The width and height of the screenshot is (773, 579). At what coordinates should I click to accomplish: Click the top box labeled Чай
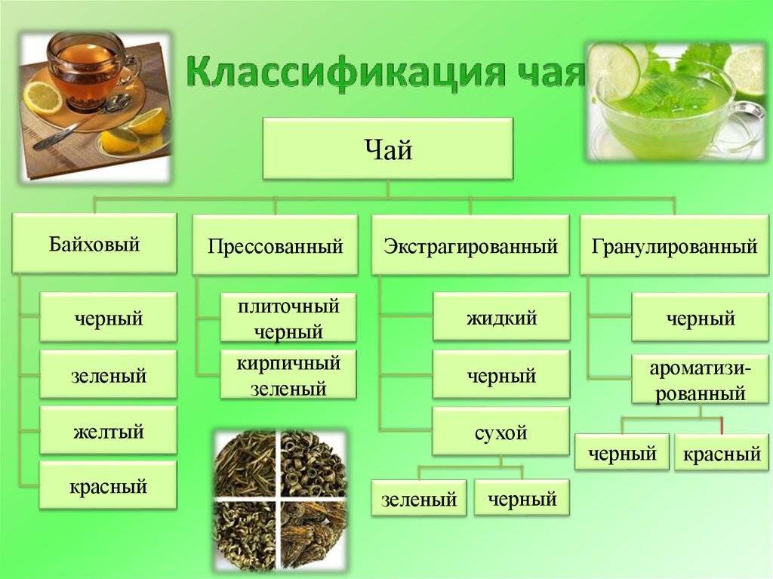(388, 149)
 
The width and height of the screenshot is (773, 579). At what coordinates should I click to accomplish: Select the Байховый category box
(94, 244)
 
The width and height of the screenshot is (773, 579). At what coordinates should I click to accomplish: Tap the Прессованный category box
(275, 245)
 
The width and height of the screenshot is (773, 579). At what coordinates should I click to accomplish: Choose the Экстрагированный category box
(470, 245)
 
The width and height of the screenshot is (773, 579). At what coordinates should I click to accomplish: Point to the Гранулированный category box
(674, 245)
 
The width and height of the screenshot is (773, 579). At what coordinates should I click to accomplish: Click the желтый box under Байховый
(108, 430)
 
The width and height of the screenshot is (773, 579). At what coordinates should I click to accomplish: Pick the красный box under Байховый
(108, 486)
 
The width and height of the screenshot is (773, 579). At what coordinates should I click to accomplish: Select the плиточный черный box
(288, 318)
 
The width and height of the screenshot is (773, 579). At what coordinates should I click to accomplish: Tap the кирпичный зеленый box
(288, 374)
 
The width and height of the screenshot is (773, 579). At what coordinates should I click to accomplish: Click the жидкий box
(501, 316)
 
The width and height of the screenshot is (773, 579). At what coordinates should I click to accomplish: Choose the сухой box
(501, 432)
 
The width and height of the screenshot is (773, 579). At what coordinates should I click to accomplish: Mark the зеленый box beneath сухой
(419, 499)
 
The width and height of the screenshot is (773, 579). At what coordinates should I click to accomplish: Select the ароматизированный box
(700, 380)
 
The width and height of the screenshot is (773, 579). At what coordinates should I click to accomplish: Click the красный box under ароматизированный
(722, 452)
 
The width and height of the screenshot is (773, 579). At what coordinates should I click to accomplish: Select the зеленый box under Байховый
(108, 374)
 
